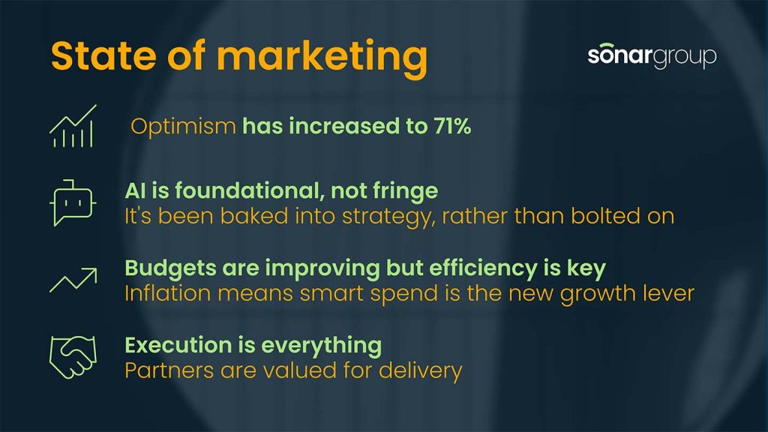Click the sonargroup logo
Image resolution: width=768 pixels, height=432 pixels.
tap(652, 55)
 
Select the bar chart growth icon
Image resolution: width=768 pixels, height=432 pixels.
tap(73, 126)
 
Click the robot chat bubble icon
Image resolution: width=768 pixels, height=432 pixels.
tap(73, 202)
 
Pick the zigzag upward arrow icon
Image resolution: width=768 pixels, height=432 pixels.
tap(73, 280)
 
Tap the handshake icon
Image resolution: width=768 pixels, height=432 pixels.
tap(73, 357)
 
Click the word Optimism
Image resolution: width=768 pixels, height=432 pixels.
tap(183, 127)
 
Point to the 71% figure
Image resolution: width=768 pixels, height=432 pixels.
tap(452, 126)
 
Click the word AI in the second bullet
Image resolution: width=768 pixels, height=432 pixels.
tap(135, 190)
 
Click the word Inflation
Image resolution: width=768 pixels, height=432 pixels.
tap(168, 293)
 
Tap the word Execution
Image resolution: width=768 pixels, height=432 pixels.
tap(178, 345)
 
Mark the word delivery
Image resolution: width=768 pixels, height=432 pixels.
tap(420, 371)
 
